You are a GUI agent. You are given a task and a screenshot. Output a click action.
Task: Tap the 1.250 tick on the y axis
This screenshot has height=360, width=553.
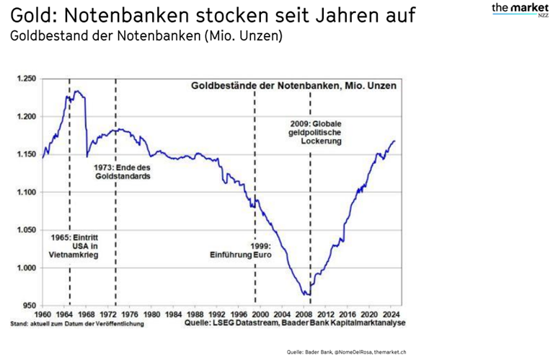point(26,79)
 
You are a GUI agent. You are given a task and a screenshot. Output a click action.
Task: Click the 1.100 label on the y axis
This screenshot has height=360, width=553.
point(26,192)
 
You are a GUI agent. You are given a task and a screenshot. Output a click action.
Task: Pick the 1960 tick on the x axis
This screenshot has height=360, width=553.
point(43,315)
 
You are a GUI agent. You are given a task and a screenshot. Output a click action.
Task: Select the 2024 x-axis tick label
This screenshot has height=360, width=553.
point(391,315)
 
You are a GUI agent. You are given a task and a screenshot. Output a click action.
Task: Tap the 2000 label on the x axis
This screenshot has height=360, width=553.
point(260,315)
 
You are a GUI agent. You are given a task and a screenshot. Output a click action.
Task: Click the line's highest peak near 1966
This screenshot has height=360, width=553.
point(77,91)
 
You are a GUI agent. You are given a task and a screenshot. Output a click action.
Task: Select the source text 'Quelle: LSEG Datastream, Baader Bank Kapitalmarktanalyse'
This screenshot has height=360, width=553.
point(295,324)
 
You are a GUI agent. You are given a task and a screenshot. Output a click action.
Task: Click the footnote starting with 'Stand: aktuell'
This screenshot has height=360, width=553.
point(87,324)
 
